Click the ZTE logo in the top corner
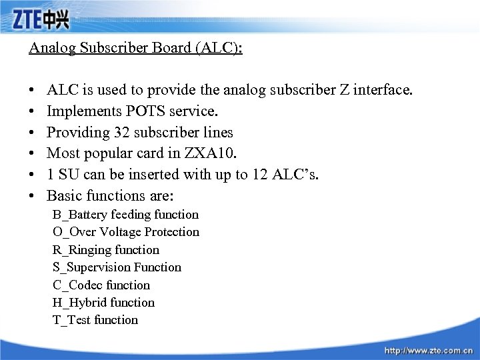tap(40, 20)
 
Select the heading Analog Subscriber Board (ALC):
tap(135, 49)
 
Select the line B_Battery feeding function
tap(125, 215)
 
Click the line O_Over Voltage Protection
tap(126, 232)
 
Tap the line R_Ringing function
tap(106, 250)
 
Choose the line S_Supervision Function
tap(117, 267)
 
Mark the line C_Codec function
tap(101, 285)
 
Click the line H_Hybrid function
tap(103, 303)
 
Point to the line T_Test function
tap(95, 320)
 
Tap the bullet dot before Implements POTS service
tap(32, 111)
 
